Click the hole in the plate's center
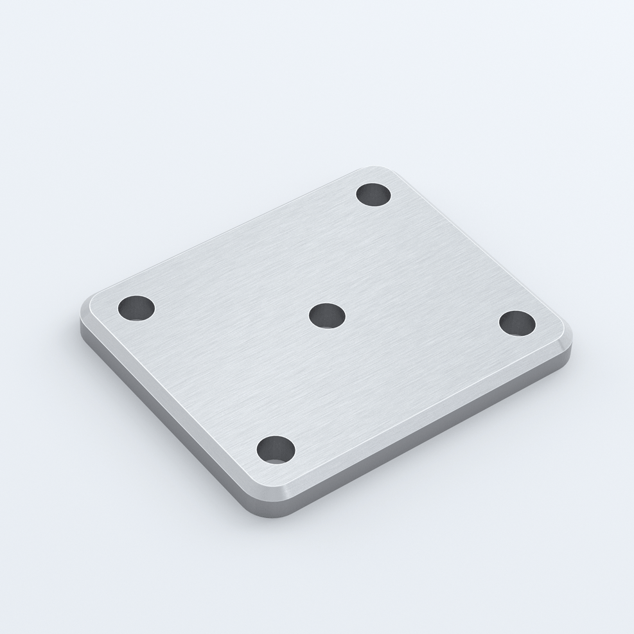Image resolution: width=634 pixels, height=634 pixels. pos(327,315)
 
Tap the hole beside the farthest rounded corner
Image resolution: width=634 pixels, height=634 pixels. pos(373,194)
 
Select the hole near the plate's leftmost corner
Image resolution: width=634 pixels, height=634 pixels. pos(136,308)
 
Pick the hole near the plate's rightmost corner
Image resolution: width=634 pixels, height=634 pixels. pos(517,322)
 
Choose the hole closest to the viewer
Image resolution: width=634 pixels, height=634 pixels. pos(276,449)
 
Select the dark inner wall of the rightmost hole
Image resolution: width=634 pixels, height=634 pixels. pos(517,317)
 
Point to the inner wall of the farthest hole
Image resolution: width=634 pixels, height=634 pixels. pos(373,189)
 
